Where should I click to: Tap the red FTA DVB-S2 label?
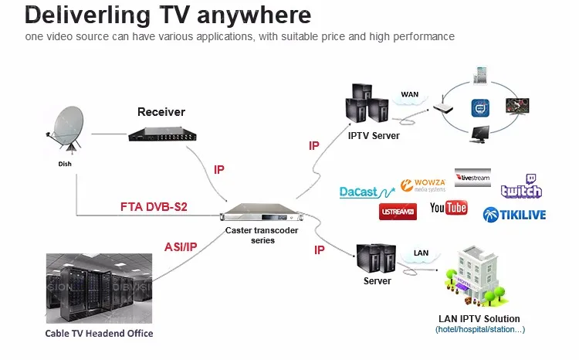154,207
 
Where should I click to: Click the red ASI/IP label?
181,247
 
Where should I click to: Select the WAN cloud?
408,97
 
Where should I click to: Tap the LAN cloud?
421,254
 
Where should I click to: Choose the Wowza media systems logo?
423,186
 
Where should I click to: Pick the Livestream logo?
472,177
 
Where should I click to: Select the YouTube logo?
449,208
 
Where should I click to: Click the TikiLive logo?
514,215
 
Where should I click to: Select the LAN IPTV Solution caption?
479,318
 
